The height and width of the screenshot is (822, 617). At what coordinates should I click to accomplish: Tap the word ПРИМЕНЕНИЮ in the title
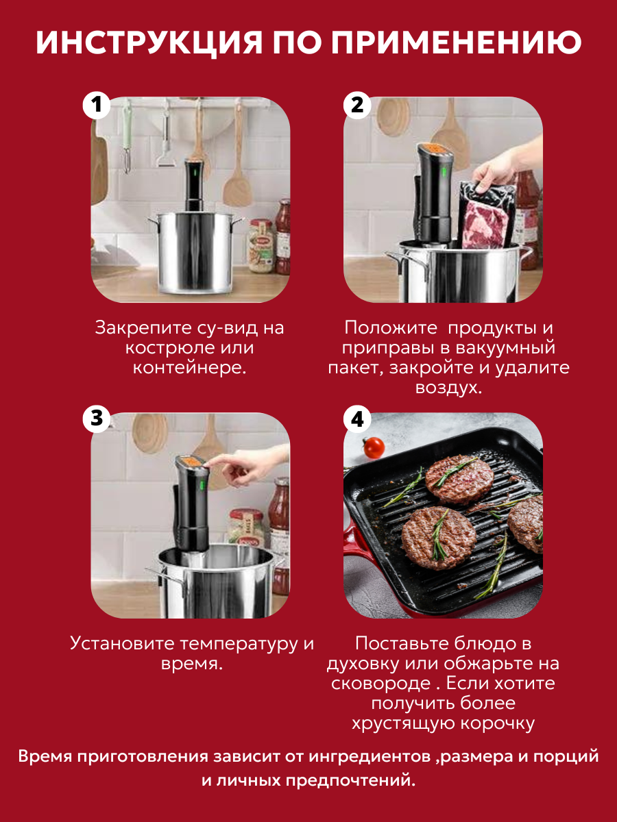click(457, 42)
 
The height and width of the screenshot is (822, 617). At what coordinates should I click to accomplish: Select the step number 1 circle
click(97, 105)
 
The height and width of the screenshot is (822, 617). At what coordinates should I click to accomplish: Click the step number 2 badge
click(357, 105)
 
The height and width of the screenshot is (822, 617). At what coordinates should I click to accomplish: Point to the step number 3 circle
click(97, 419)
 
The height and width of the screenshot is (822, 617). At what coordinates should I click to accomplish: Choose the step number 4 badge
click(357, 419)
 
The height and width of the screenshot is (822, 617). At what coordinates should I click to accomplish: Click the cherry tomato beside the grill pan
click(374, 447)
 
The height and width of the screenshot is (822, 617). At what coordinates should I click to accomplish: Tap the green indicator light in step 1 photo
click(195, 173)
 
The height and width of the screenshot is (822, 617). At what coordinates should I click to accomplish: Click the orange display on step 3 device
click(191, 463)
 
